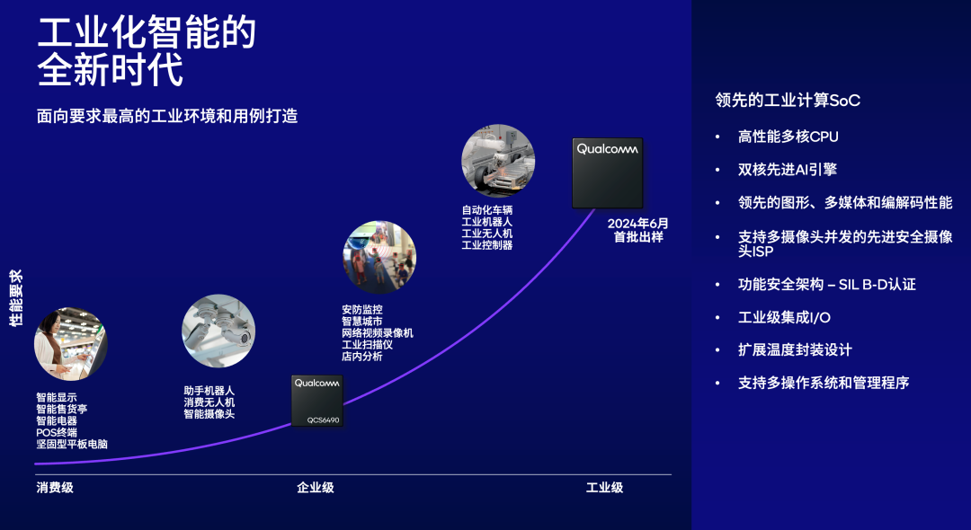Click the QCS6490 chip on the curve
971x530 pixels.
(x=316, y=401)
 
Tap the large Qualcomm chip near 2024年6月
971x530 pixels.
(x=608, y=173)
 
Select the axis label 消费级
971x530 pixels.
(x=55, y=488)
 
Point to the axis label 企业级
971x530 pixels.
(x=316, y=488)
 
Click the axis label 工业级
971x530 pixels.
(x=604, y=488)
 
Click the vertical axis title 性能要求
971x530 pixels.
(x=16, y=298)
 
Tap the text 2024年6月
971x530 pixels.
(x=638, y=224)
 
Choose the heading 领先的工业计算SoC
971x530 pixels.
(x=788, y=101)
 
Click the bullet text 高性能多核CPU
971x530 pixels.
(x=788, y=137)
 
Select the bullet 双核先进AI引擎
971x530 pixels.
(x=788, y=170)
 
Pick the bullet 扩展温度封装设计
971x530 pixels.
(x=795, y=349)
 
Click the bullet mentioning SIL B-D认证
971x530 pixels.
(x=826, y=284)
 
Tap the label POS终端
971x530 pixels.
(x=57, y=432)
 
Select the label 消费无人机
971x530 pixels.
(x=209, y=402)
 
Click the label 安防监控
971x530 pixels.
(x=361, y=310)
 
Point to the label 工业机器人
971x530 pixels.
(x=486, y=221)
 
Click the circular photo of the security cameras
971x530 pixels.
(x=218, y=331)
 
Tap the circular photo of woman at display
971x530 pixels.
(x=70, y=344)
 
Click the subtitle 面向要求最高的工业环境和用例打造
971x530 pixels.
(x=167, y=116)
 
